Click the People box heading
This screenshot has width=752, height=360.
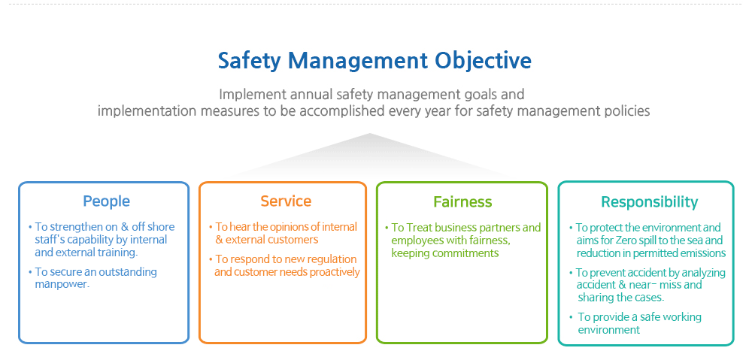pyautogui.click(x=107, y=201)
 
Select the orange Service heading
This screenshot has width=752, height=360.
pyautogui.click(x=286, y=201)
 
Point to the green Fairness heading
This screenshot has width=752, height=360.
pyautogui.click(x=462, y=202)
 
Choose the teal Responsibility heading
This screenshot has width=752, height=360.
pyautogui.click(x=650, y=202)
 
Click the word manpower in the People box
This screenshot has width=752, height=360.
pyautogui.click(x=62, y=284)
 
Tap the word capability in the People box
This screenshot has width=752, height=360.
pyautogui.click(x=93, y=240)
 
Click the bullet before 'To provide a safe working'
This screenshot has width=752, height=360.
pyautogui.click(x=571, y=317)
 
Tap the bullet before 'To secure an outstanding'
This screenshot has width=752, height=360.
pyautogui.click(x=31, y=272)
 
